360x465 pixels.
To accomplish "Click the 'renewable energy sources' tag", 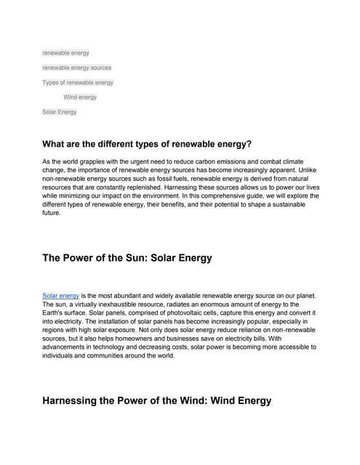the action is pos(77,68).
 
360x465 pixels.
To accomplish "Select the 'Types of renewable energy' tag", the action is pos(78,82).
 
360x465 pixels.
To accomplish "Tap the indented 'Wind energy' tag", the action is pos(80,97).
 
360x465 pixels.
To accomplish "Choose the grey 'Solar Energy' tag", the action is pos(60,112).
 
